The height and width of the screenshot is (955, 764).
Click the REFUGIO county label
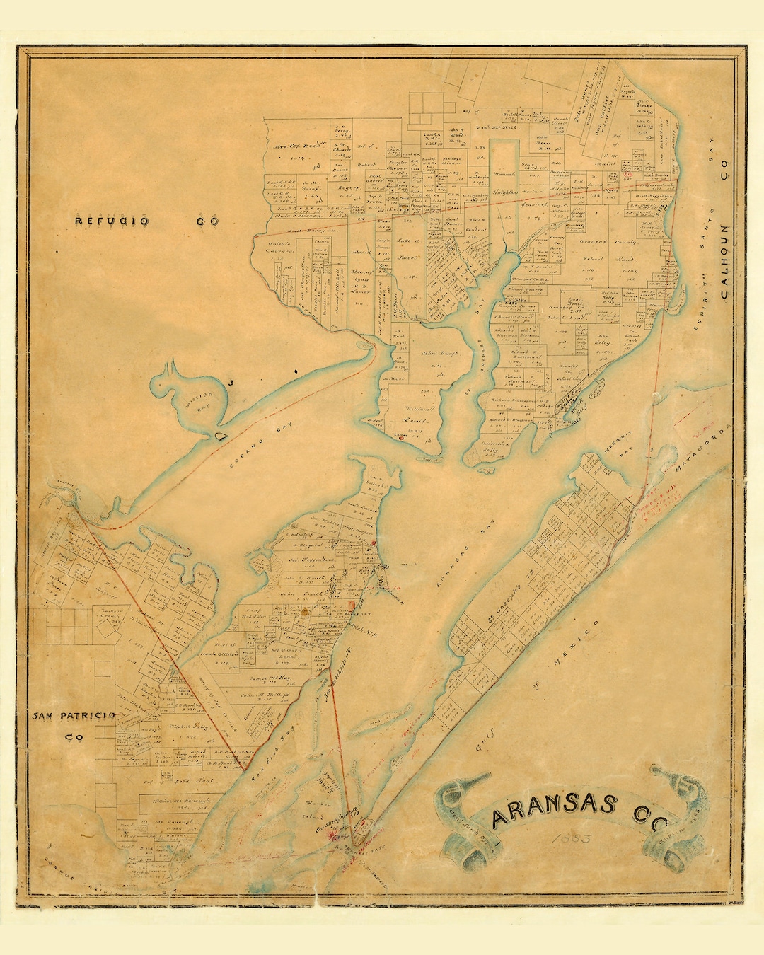coord(112,221)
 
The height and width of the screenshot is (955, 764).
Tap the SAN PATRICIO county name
coord(74,716)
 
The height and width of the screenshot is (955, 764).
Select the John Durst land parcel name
coord(439,353)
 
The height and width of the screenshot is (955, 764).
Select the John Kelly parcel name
coord(603,340)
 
